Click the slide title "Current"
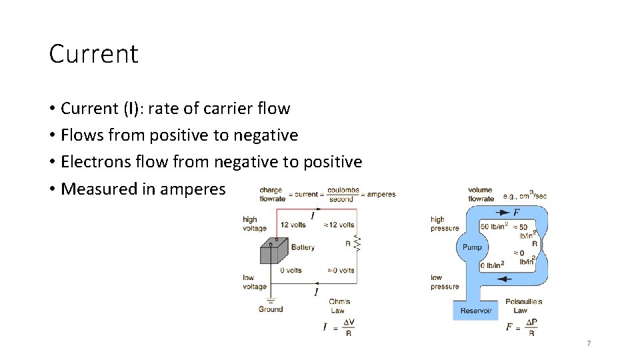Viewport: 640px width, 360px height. (93, 54)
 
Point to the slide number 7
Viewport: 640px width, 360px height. (589, 343)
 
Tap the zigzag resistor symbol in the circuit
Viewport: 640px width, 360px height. (357, 244)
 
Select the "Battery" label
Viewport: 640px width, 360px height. (303, 247)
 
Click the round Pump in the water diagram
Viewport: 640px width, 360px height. (472, 247)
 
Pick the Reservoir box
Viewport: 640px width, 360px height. (476, 311)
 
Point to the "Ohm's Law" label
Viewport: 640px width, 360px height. (339, 306)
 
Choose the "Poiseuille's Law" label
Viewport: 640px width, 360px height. (523, 306)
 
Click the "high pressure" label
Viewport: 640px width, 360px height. (444, 223)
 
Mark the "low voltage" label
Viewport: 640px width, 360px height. (255, 282)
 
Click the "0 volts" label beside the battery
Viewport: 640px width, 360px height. (291, 270)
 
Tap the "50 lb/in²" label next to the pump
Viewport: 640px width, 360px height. (493, 227)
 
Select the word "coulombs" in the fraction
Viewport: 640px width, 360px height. (343, 190)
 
